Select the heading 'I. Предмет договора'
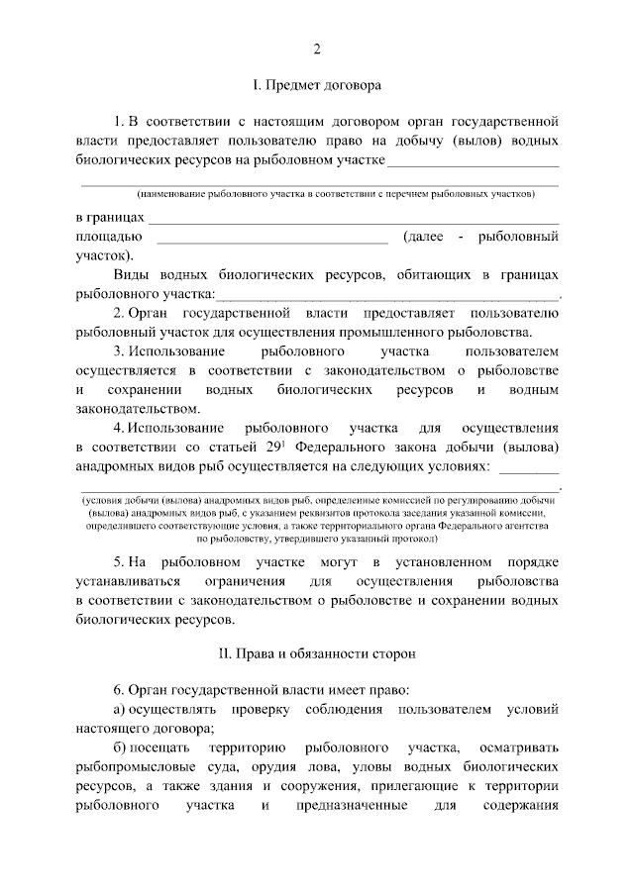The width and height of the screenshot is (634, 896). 317,86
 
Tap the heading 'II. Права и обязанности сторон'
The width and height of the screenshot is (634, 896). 317,653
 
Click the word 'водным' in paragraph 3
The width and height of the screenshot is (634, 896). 535,390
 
